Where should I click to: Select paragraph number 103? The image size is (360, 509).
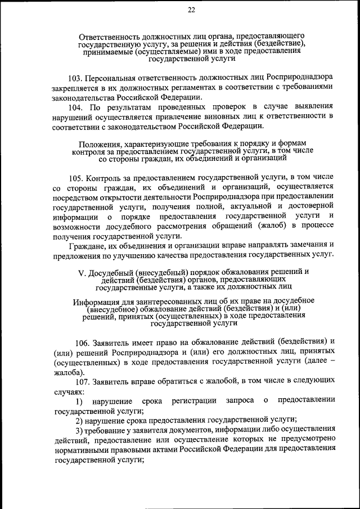click(76, 76)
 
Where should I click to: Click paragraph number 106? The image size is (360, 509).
click(84, 341)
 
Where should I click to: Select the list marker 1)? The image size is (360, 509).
click(80, 401)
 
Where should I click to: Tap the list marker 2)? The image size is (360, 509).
click(80, 420)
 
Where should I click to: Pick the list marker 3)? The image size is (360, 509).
click(80, 430)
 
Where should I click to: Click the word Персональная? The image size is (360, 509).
click(115, 76)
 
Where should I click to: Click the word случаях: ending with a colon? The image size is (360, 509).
click(70, 391)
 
